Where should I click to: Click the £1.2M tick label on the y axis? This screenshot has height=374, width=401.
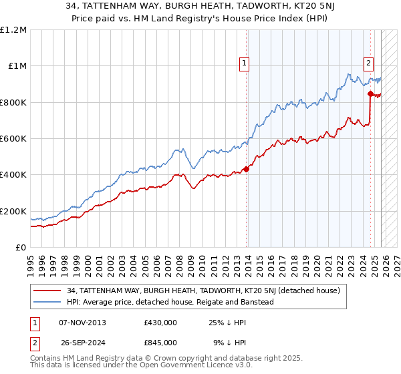click(15, 29)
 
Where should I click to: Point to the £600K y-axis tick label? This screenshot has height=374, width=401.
click(13, 139)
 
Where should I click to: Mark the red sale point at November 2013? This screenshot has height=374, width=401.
click(246, 169)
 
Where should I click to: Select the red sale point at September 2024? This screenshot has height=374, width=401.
click(370, 93)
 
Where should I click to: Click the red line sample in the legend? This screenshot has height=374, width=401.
click(47, 291)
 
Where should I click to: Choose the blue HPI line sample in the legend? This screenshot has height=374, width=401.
click(47, 302)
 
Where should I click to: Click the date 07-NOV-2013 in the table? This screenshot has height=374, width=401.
click(82, 323)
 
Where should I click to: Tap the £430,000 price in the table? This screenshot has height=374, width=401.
click(160, 323)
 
